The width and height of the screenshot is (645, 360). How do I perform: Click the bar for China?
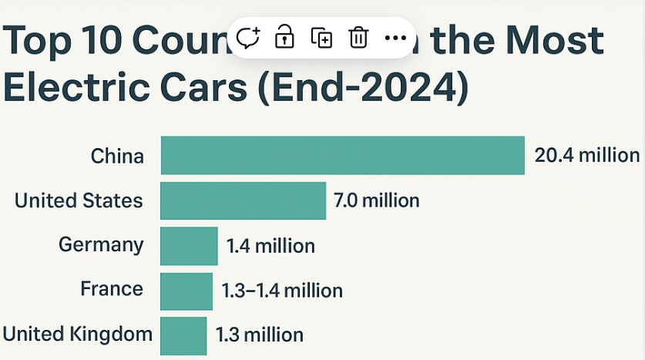(x=342, y=155)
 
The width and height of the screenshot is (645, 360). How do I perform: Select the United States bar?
(x=243, y=200)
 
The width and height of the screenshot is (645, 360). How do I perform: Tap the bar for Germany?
(x=189, y=246)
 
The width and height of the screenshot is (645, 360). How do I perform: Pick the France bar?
(x=186, y=291)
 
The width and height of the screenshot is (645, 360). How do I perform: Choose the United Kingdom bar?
(x=183, y=335)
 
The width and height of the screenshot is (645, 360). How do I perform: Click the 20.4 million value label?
(x=587, y=155)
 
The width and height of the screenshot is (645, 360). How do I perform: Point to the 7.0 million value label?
(x=376, y=200)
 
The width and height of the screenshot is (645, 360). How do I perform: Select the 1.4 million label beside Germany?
(x=270, y=246)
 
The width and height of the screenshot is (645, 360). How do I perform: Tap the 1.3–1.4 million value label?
(x=282, y=291)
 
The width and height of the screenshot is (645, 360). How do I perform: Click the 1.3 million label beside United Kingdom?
(x=260, y=335)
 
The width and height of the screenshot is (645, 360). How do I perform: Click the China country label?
(x=117, y=156)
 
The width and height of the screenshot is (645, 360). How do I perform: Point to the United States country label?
(x=79, y=200)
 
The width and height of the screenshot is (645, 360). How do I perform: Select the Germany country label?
(x=101, y=245)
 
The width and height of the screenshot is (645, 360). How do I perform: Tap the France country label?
(x=112, y=289)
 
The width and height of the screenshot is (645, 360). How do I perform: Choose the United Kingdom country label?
(x=78, y=334)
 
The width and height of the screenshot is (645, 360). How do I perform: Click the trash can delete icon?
(x=358, y=37)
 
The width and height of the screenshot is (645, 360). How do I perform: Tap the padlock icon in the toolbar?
(x=285, y=36)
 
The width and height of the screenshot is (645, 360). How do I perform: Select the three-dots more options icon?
(x=395, y=37)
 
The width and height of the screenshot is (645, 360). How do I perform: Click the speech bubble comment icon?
(x=248, y=37)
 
